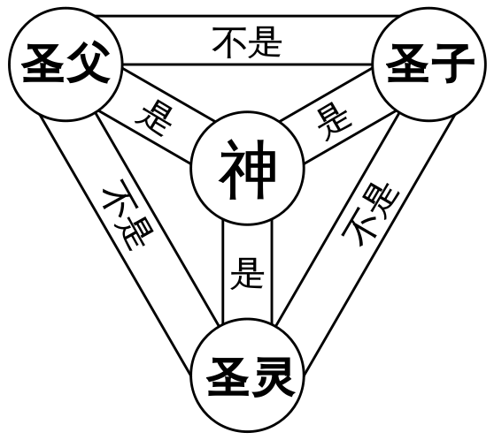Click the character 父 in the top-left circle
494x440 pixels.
coord(87,64)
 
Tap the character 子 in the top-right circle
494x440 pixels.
coord(452,64)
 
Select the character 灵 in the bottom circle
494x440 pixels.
coord(272,376)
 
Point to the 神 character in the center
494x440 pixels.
coord(248,170)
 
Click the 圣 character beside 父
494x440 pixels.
coord(42,64)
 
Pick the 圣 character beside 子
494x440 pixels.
coord(407,64)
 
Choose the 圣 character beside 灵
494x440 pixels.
coord(228,376)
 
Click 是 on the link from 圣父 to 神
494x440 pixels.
coord(154,119)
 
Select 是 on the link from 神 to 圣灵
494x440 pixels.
coord(247,273)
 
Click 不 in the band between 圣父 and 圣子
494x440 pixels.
coord(229,42)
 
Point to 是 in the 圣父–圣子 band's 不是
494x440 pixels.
coord(265,42)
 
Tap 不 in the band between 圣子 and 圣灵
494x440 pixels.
coord(359,228)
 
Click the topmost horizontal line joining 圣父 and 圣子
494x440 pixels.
coord(248,15)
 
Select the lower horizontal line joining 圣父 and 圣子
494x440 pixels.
coord(248,64)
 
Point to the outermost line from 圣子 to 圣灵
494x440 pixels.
coord(380,247)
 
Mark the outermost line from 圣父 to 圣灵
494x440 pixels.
coord(115,246)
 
